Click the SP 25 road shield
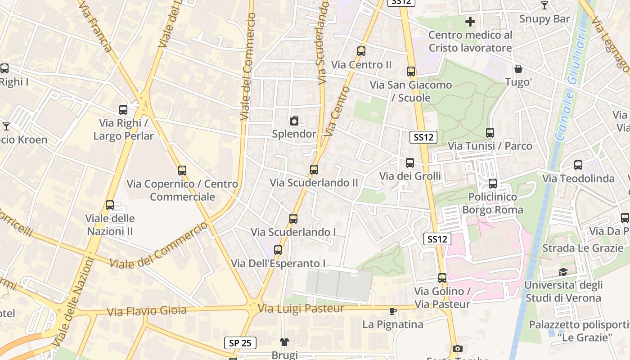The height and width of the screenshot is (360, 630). (240, 343)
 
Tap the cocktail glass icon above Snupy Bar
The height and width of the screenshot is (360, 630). (544, 5)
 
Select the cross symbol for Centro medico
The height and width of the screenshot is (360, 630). (470, 21)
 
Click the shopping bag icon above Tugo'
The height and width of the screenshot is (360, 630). (518, 69)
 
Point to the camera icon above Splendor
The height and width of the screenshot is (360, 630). (294, 121)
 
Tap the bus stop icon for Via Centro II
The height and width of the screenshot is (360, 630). (361, 51)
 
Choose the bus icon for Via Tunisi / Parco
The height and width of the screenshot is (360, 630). (490, 133)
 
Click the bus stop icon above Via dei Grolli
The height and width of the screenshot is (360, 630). (410, 163)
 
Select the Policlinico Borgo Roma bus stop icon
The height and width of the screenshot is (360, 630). (493, 184)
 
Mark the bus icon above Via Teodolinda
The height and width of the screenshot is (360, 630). (578, 165)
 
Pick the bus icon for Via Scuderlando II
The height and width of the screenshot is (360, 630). (314, 170)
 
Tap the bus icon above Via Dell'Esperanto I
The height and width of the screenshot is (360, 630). (278, 250)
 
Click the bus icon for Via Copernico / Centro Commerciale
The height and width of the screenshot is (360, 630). (182, 171)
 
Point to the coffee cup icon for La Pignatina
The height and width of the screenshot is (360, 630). (393, 311)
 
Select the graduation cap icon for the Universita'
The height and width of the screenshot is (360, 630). (562, 272)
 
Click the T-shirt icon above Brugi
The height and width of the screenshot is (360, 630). (284, 342)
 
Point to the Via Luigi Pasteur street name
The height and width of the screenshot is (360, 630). (301, 309)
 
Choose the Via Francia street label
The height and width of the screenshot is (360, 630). (94, 27)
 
